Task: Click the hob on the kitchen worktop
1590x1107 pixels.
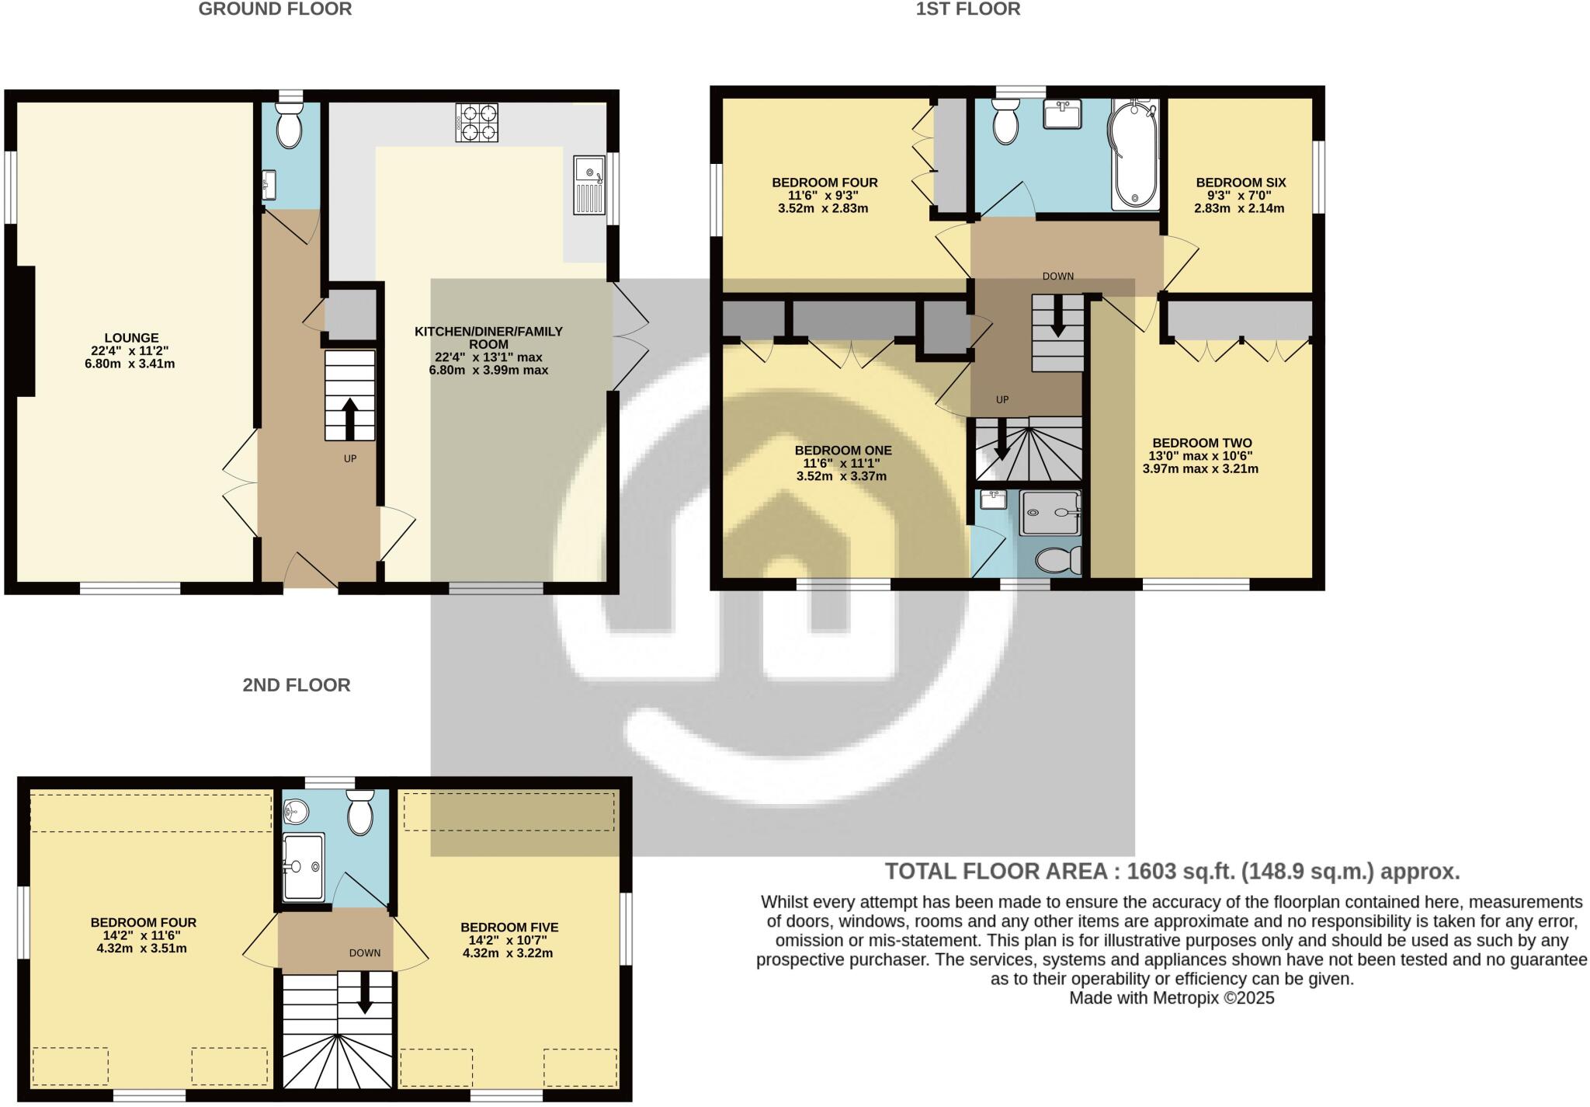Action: [x=477, y=123]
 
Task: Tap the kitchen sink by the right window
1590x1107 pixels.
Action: [x=589, y=185]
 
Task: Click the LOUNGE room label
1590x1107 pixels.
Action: [x=131, y=338]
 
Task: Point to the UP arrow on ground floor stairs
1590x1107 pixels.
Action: [x=349, y=419]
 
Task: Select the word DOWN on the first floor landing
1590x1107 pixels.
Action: [x=1057, y=276]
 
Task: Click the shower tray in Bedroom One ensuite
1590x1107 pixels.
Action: [x=1050, y=513]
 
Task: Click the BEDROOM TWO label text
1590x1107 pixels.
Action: [x=1201, y=443]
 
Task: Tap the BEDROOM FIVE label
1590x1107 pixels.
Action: [x=509, y=927]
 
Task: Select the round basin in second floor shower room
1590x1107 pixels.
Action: [x=296, y=813]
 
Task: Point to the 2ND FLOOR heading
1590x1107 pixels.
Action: [x=296, y=684]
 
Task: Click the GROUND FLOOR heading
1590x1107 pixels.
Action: [x=275, y=9]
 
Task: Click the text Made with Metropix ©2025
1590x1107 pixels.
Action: [x=1172, y=998]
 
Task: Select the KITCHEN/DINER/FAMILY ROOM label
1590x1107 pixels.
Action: [x=488, y=337]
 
